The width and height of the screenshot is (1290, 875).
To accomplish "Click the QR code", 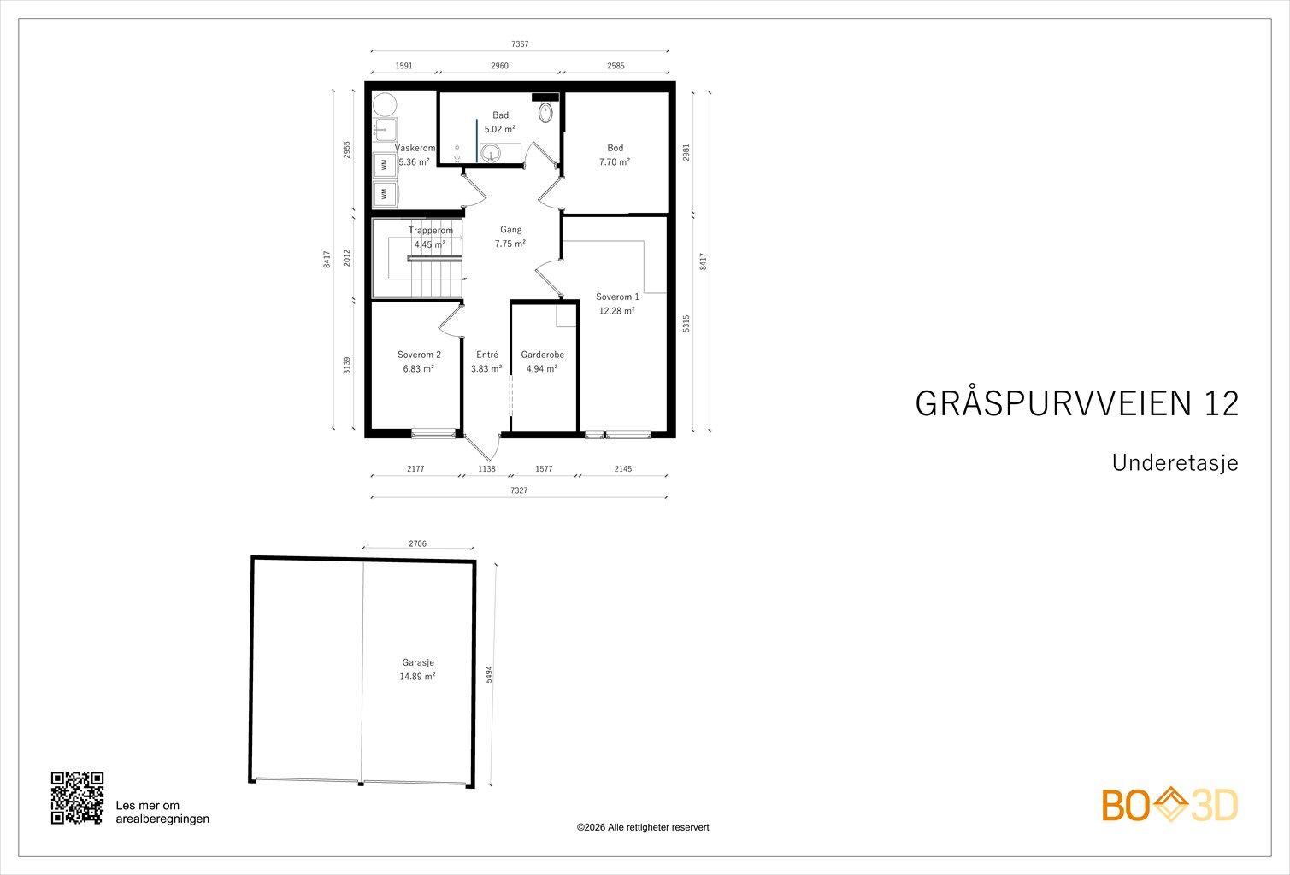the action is click(x=77, y=798).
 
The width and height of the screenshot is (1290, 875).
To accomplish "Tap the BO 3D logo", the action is click(x=1169, y=805).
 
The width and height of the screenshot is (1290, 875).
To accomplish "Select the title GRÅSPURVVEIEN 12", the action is click(x=1077, y=403).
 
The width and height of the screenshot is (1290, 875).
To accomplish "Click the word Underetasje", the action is click(x=1175, y=463).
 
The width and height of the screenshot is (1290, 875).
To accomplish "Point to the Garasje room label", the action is click(x=417, y=662).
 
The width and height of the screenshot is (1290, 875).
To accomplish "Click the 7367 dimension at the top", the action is click(x=520, y=44).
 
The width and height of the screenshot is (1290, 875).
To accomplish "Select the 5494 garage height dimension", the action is click(x=489, y=674).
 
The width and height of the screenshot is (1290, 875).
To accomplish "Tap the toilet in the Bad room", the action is click(x=545, y=112).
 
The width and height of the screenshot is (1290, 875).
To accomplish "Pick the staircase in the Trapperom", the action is click(x=427, y=267).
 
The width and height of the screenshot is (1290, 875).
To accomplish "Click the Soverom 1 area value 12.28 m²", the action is click(x=616, y=311).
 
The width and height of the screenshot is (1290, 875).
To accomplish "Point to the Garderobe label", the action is click(x=543, y=355).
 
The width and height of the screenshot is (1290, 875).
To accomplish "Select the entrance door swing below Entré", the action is click(x=483, y=448).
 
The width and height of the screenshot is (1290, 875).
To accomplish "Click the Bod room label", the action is click(x=615, y=148).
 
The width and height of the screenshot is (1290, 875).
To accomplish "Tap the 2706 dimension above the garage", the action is click(x=417, y=543).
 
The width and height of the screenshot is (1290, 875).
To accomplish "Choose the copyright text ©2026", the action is click(x=643, y=827).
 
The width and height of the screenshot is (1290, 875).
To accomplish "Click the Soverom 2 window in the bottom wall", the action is click(x=433, y=433).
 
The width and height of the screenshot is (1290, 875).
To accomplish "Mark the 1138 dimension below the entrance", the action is click(x=486, y=468).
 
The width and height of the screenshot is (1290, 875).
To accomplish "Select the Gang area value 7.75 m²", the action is click(x=510, y=244).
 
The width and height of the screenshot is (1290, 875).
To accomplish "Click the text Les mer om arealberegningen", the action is click(x=162, y=813).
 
